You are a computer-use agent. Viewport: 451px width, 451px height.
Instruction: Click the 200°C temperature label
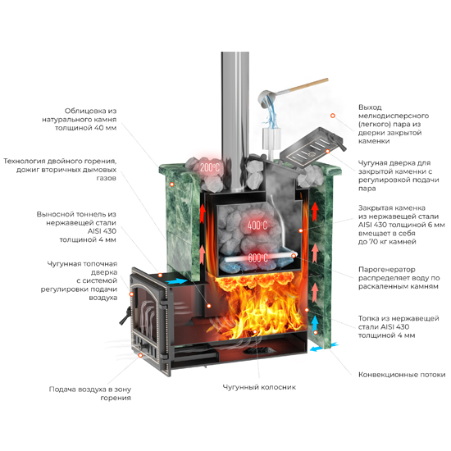pyautogui.click(x=210, y=167)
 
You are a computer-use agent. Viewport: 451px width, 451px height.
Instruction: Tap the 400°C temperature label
pyautogui.click(x=257, y=225)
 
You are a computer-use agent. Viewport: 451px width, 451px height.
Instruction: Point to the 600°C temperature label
pyautogui.click(x=258, y=257)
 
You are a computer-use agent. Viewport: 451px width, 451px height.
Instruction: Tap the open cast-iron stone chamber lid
pyautogui.click(x=312, y=147)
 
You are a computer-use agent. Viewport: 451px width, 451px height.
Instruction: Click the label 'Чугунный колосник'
pyautogui.click(x=259, y=387)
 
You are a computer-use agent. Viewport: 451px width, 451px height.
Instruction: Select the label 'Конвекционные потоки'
pyautogui.click(x=402, y=375)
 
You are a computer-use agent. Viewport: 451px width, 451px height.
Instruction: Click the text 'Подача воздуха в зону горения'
pyautogui.click(x=90, y=394)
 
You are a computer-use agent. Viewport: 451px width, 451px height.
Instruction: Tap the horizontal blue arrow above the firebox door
pyautogui.click(x=176, y=281)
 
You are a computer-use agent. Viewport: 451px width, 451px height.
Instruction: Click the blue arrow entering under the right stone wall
pyautogui.click(x=324, y=347)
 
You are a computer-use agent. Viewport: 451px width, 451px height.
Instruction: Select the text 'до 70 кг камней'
pyautogui.click(x=387, y=242)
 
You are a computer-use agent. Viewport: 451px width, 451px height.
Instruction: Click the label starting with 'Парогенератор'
pyautogui.click(x=399, y=278)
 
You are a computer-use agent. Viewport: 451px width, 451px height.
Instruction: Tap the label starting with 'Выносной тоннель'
pyautogui.click(x=76, y=227)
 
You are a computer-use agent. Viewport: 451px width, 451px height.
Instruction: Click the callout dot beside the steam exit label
pyautogui.click(x=332, y=116)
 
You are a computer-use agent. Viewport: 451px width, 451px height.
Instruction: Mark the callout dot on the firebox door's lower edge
pyautogui.click(x=140, y=356)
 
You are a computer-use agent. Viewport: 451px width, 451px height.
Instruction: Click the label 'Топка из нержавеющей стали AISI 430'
pyautogui.click(x=399, y=326)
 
